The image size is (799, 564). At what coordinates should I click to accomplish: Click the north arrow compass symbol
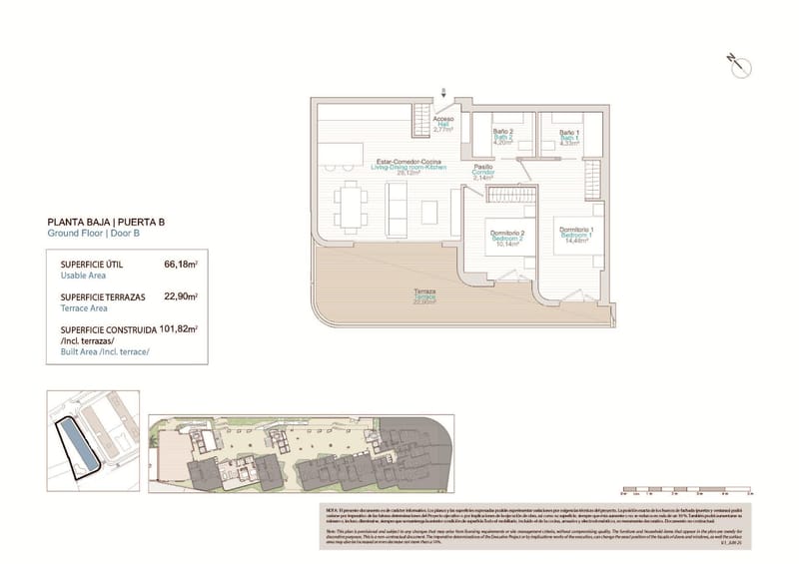[740, 64]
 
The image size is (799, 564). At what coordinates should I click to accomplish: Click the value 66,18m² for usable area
[180, 266]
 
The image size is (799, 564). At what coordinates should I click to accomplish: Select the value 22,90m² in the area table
[180, 297]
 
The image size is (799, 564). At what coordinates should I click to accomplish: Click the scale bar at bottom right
[684, 490]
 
